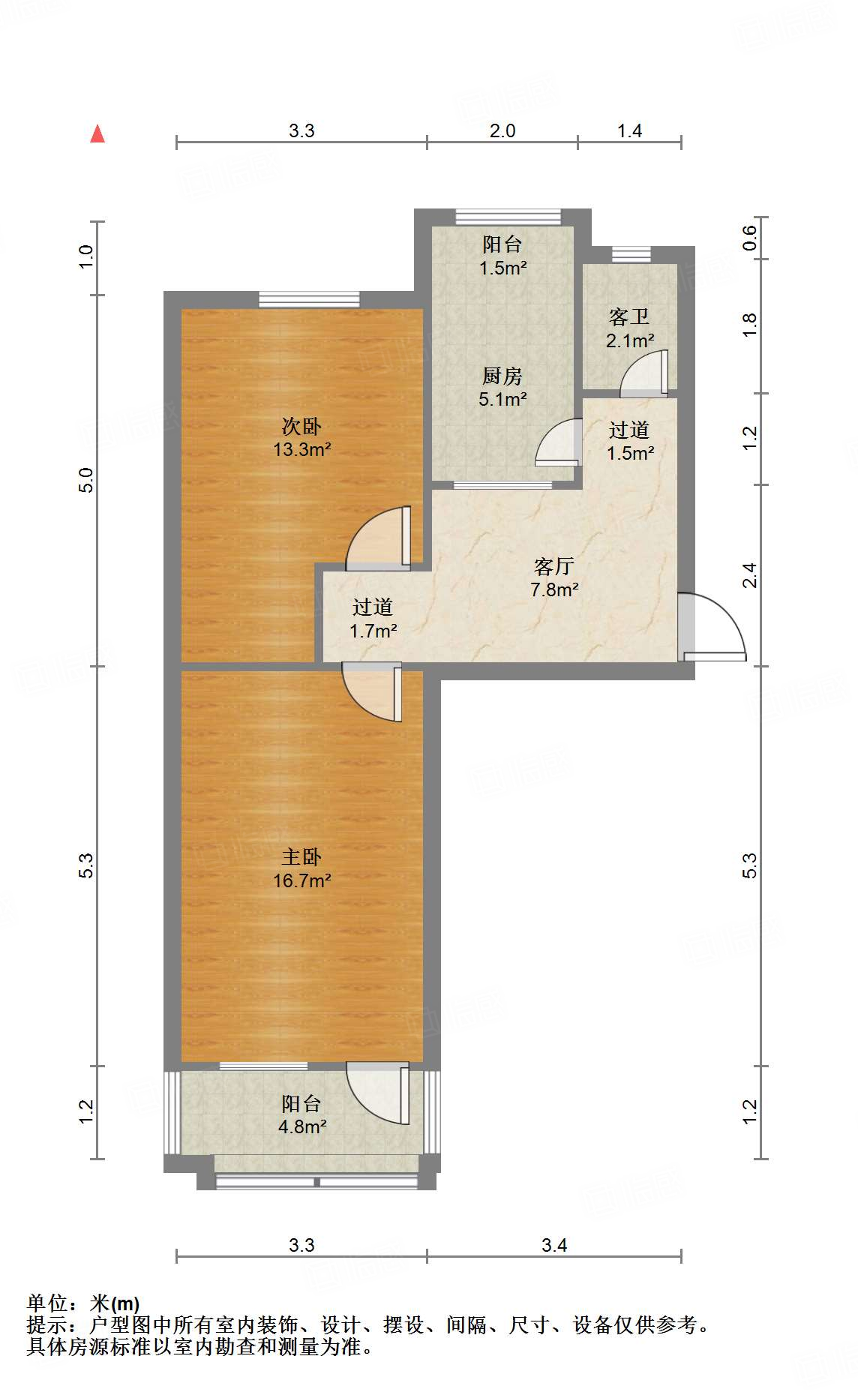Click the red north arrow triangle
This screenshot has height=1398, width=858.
tap(97, 134)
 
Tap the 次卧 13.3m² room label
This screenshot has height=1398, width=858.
tap(301, 437)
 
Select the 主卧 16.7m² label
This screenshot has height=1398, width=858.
tap(301, 868)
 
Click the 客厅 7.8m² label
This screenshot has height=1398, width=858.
tap(554, 577)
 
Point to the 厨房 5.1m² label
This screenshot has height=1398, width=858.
tap(502, 387)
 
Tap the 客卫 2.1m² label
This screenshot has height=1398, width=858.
tap(629, 328)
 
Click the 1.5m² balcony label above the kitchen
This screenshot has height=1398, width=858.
tap(502, 255)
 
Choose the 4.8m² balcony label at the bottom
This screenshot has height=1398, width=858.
tap(301, 1114)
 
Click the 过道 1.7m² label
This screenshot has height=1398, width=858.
tap(373, 618)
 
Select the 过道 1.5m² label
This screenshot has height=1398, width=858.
tap(629, 441)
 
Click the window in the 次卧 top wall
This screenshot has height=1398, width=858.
tap(309, 300)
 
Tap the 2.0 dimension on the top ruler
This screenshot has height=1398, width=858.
tap(502, 130)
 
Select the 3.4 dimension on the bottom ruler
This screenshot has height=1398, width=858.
tap(554, 1245)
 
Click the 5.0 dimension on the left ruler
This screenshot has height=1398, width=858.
tap(86, 480)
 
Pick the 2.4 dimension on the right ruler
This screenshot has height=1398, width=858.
tap(750, 575)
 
